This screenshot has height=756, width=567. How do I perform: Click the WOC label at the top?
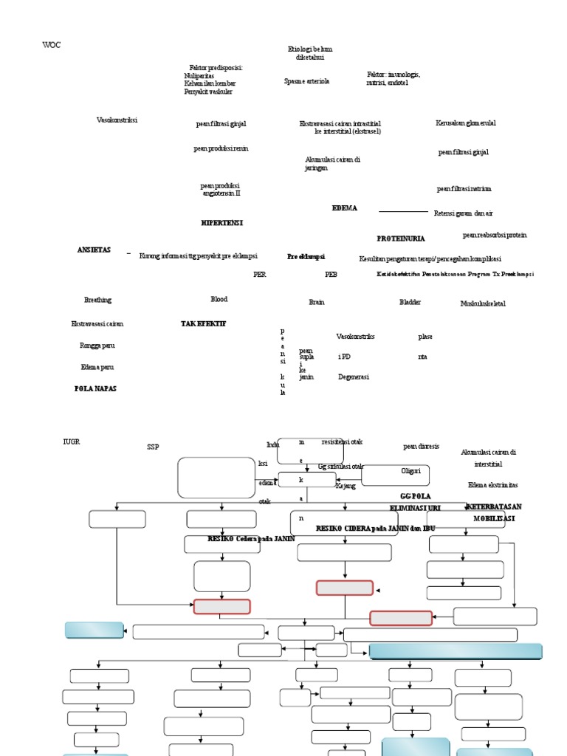point(52,45)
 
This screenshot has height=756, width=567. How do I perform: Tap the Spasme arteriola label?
point(306,81)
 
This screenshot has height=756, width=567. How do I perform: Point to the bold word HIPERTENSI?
point(221,222)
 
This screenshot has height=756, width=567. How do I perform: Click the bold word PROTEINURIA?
point(401,238)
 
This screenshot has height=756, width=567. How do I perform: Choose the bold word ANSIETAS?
point(94,250)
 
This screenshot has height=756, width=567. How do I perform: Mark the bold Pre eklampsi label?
point(306,256)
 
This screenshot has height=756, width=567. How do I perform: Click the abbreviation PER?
point(259,274)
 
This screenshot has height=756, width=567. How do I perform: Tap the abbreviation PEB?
point(331,274)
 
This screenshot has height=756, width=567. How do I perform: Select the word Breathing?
point(97,300)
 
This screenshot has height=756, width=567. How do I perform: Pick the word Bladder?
point(410,302)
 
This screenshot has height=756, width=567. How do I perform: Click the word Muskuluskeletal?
point(483,303)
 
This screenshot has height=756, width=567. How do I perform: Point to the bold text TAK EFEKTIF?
point(204,323)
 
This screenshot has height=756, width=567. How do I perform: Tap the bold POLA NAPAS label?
point(95,388)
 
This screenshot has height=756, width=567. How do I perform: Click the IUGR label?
point(71,441)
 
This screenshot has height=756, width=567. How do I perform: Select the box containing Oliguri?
point(395,475)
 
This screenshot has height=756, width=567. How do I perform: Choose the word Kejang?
point(346,486)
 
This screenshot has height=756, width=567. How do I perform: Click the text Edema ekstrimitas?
point(492,485)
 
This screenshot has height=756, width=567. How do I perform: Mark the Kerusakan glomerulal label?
point(465,123)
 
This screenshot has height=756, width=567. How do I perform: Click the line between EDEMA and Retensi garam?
point(403,211)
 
